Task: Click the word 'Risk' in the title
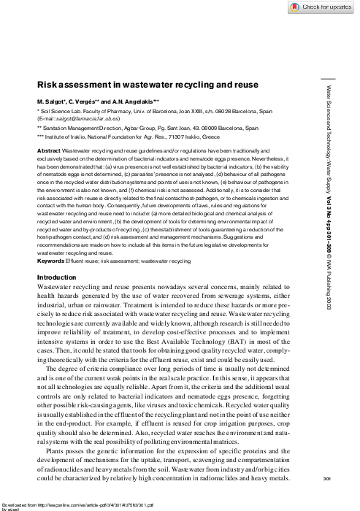(49, 85)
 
